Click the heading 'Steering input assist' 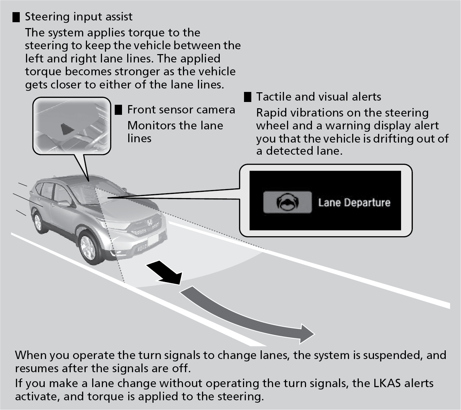79,17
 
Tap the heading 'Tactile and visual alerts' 319,97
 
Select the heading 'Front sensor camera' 181,110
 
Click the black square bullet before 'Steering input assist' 16,17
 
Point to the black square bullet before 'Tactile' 247,97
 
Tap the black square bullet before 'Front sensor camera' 119,110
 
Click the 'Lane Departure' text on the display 354,203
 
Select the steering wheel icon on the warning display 287,202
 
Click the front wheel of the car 88,246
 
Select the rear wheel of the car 38,222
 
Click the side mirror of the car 64,204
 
